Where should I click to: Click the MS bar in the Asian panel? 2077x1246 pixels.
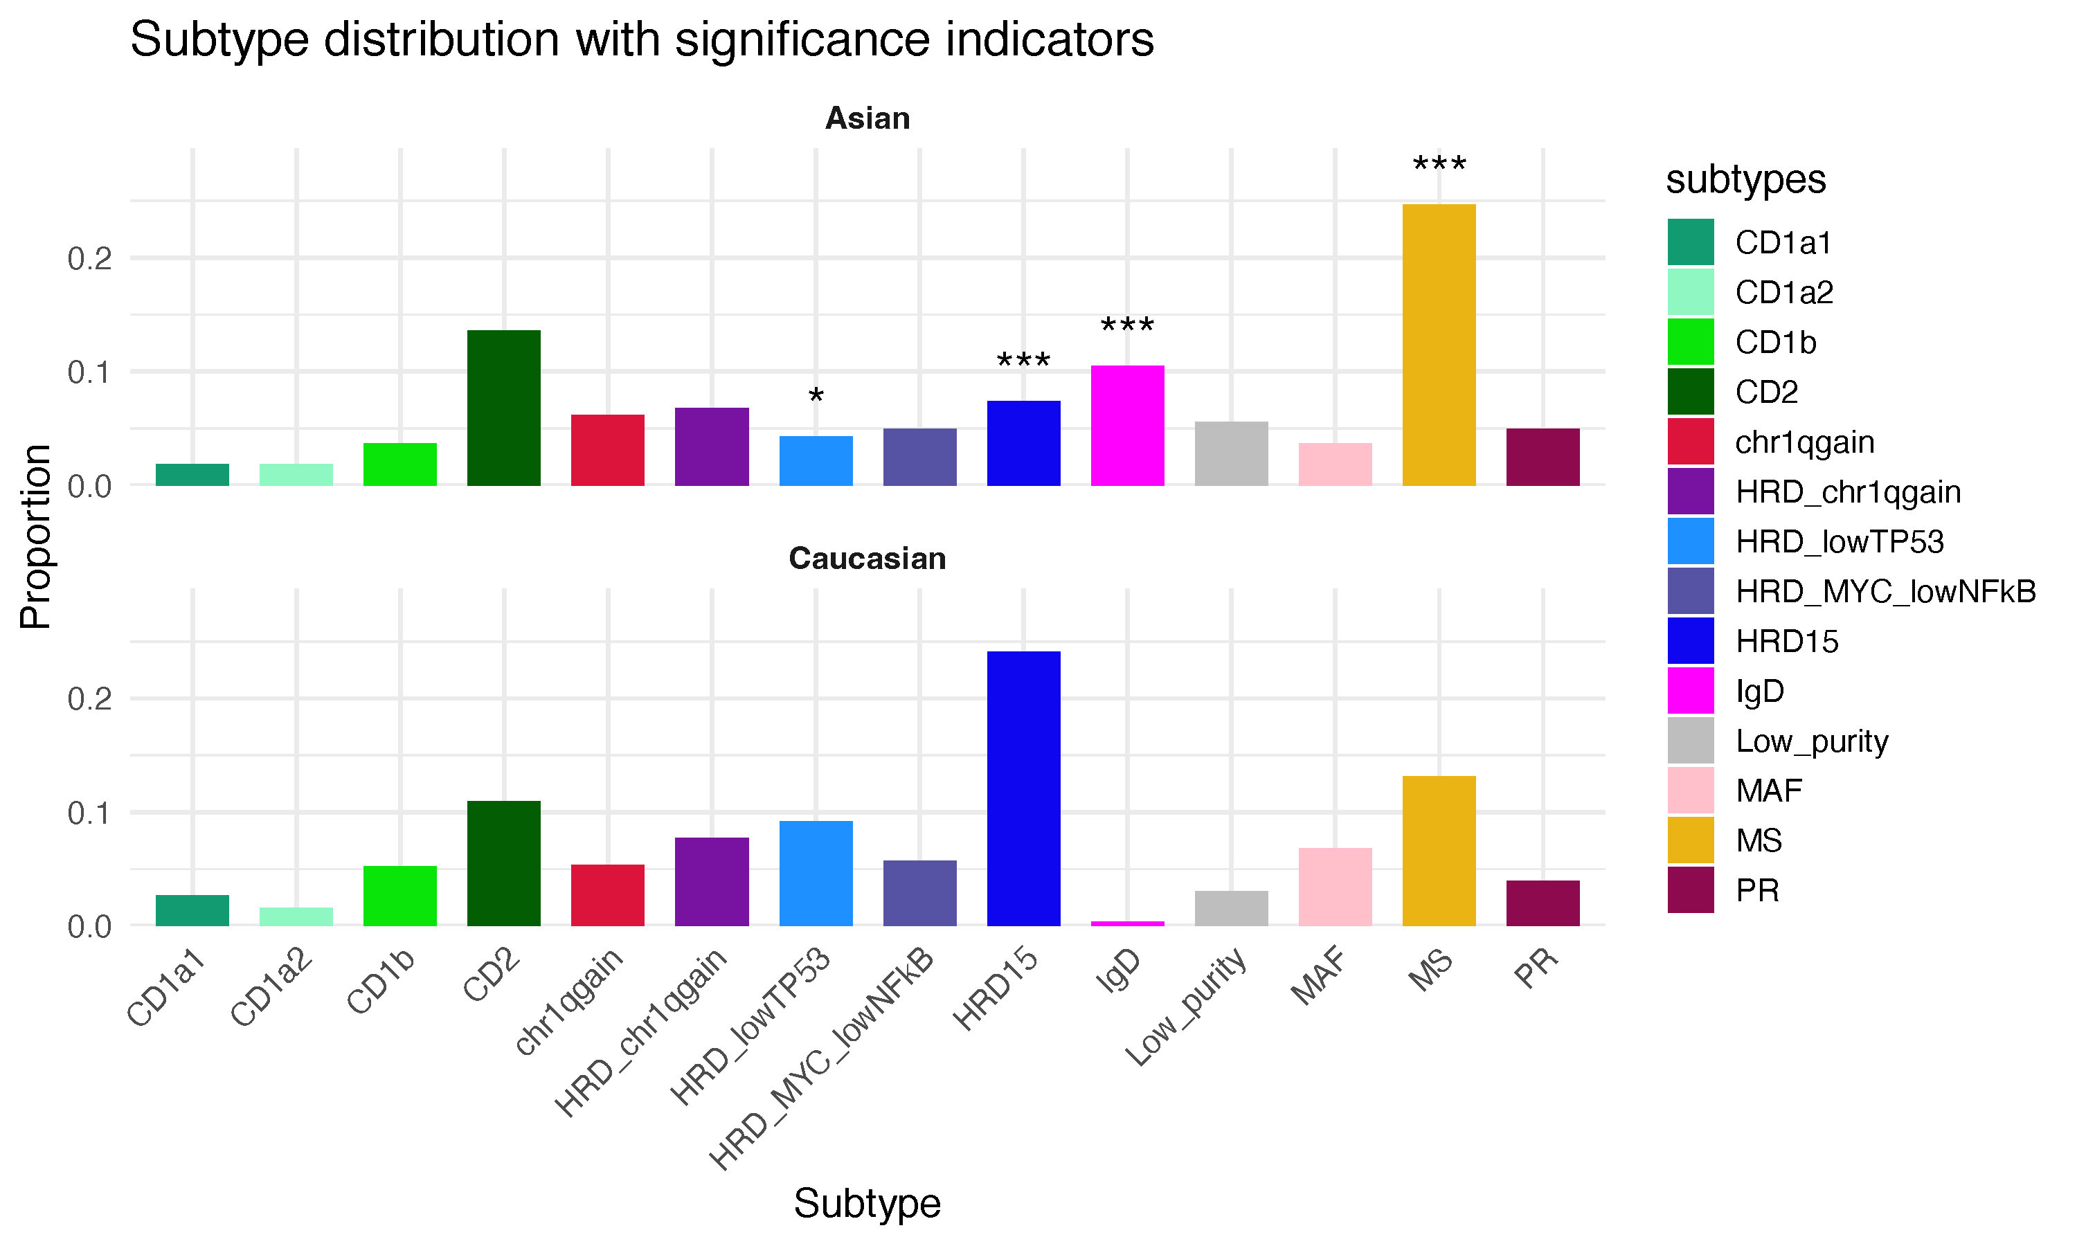click(x=1439, y=344)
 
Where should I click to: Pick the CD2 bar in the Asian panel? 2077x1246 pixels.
click(x=504, y=408)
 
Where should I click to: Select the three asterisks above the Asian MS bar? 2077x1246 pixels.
click(x=1439, y=165)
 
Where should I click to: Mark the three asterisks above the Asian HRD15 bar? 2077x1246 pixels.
click(x=1023, y=362)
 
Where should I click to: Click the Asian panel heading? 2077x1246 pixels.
click(x=867, y=118)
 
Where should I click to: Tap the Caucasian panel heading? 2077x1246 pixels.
click(x=867, y=559)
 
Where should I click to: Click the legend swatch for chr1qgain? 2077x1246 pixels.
click(x=1690, y=442)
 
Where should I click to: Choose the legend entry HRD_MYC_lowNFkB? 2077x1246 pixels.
click(x=1885, y=592)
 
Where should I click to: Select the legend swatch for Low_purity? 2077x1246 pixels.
click(x=1690, y=741)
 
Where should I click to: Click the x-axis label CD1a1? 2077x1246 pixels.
click(x=167, y=986)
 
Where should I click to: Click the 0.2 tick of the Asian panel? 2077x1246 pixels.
click(x=90, y=258)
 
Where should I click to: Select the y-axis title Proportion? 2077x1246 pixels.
click(x=36, y=536)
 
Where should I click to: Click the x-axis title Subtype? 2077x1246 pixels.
click(x=867, y=1203)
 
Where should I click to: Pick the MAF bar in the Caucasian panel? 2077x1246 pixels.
click(x=1335, y=887)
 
